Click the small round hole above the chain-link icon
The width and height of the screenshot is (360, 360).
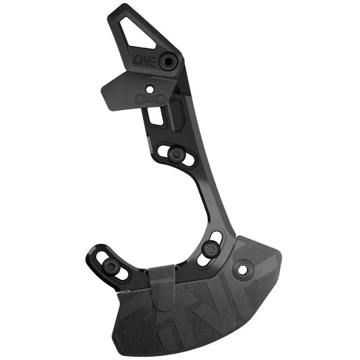pos(149,89)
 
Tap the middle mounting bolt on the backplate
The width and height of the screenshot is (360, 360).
pos(176,154)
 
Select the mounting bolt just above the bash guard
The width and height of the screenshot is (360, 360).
pos(209,248)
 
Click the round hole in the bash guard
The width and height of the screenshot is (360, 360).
pos(243,270)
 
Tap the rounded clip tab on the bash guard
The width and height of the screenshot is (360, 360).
pos(163,288)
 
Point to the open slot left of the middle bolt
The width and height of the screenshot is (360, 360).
pos(162,149)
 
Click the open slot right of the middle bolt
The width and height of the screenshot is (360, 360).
pos(190,159)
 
